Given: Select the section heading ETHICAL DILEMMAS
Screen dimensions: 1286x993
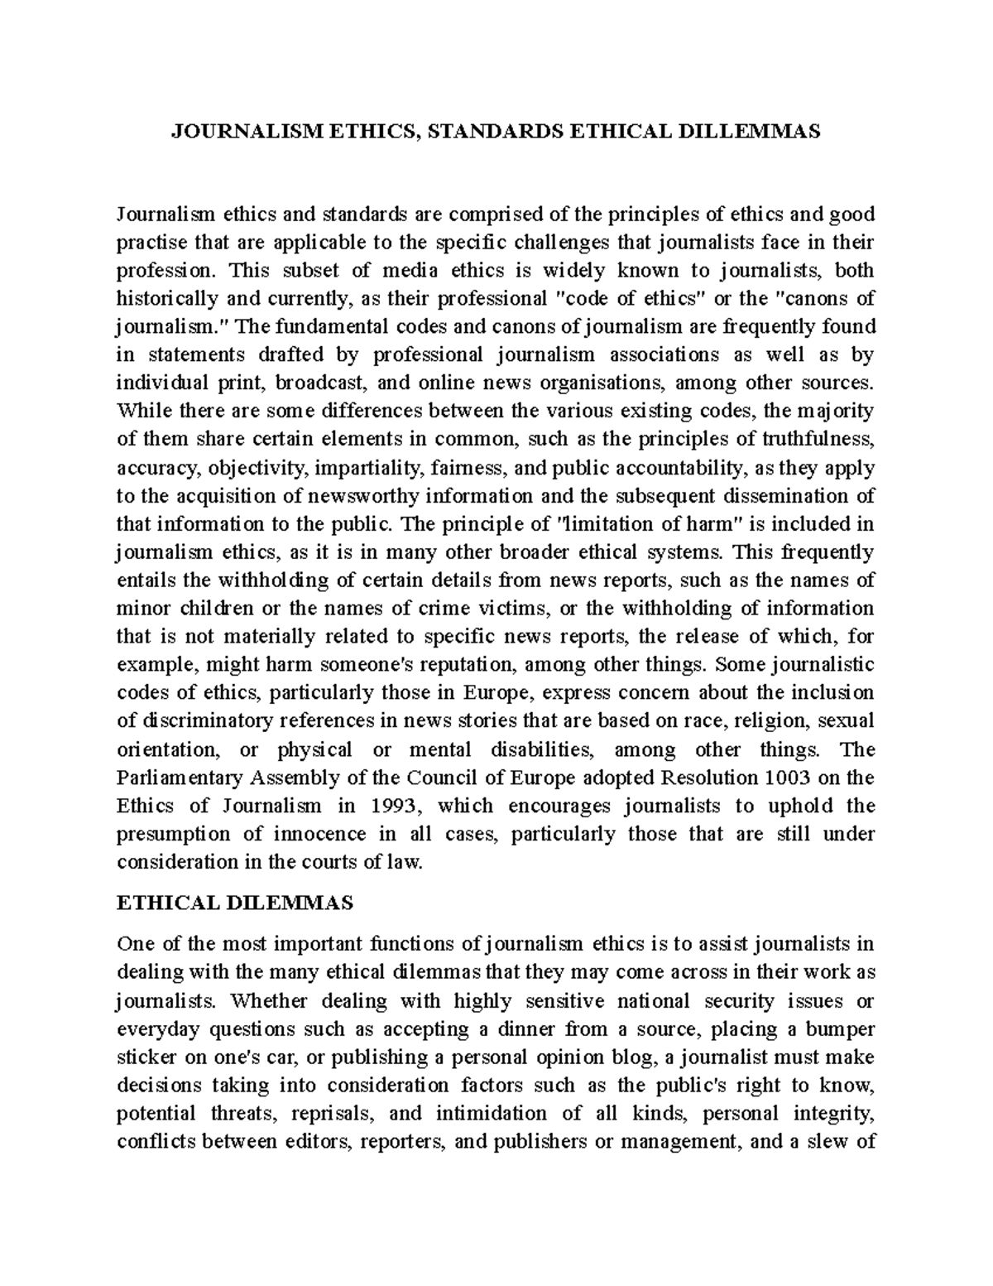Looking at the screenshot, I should tap(235, 903).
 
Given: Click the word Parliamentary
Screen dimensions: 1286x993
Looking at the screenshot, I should tap(177, 778).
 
